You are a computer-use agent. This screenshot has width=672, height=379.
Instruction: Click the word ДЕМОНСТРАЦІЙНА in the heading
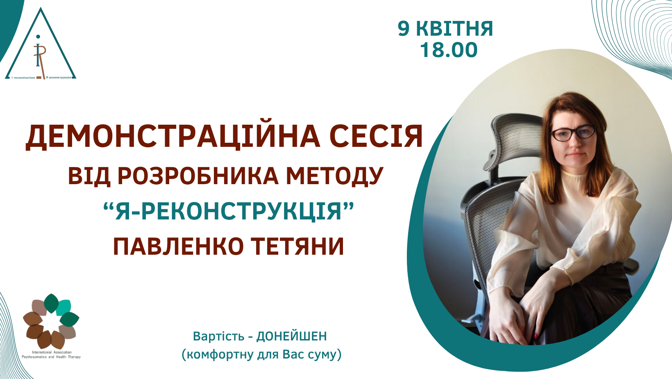pyautogui.click(x=173, y=137)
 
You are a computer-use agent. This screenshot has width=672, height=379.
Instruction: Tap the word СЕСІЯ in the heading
pyautogui.click(x=376, y=137)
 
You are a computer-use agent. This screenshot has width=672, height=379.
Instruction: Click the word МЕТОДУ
pyautogui.click(x=335, y=176)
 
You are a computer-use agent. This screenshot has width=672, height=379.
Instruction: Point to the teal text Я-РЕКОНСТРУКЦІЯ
pyautogui.click(x=228, y=211)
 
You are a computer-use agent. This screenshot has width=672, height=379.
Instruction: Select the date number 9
pyautogui.click(x=404, y=29)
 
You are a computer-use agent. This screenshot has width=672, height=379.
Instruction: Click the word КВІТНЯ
pyautogui.click(x=454, y=29)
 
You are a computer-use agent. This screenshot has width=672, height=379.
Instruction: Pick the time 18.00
pyautogui.click(x=449, y=50)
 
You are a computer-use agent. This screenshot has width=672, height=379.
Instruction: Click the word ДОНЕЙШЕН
pyautogui.click(x=291, y=336)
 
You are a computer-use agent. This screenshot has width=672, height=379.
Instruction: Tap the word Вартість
pyautogui.click(x=219, y=336)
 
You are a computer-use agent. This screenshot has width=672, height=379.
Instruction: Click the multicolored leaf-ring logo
pyautogui.click(x=51, y=321)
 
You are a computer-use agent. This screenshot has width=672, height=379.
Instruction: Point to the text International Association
pyautogui.click(x=52, y=352)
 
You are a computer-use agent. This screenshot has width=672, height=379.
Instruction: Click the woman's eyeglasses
pyautogui.click(x=573, y=133)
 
